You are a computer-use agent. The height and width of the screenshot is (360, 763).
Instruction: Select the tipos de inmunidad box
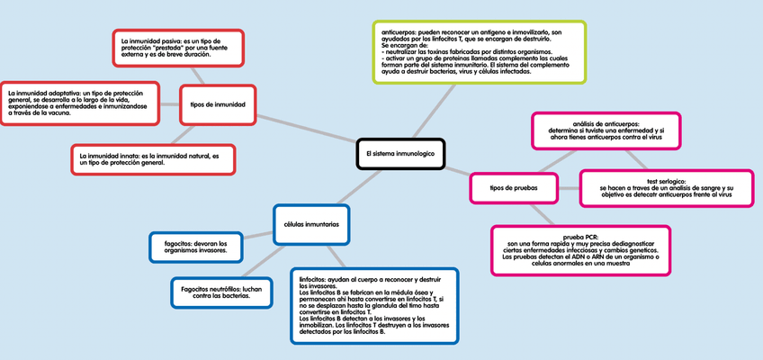point(218,104)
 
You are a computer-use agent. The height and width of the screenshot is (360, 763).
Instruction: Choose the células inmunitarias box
point(311,224)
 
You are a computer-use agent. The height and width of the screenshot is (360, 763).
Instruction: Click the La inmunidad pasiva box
point(179,49)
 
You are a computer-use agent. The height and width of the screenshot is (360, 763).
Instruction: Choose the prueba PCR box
point(580,249)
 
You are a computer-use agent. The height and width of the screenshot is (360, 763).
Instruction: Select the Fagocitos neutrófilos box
point(220,292)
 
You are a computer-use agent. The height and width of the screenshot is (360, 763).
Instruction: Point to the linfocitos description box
point(373,306)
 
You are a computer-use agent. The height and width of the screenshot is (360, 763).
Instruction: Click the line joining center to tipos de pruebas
point(458,170)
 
